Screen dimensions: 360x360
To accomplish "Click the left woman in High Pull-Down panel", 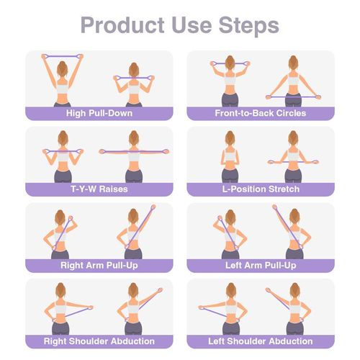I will point(63,83).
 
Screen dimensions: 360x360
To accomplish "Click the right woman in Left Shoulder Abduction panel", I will point(293,311).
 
